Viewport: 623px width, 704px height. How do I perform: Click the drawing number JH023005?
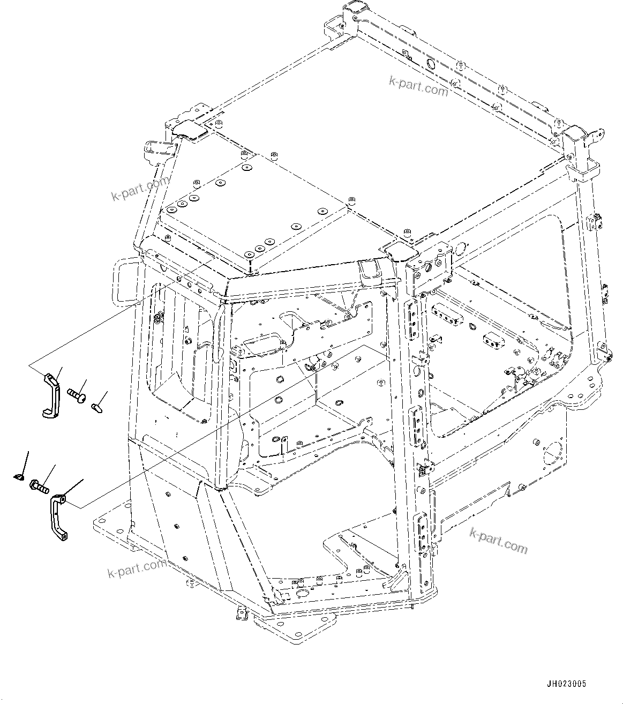566,684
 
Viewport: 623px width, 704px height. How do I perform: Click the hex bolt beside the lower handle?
39,486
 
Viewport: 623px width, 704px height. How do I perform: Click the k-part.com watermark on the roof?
418,86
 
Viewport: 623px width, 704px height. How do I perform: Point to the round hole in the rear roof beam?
430,63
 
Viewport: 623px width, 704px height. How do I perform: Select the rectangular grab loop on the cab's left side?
123,281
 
